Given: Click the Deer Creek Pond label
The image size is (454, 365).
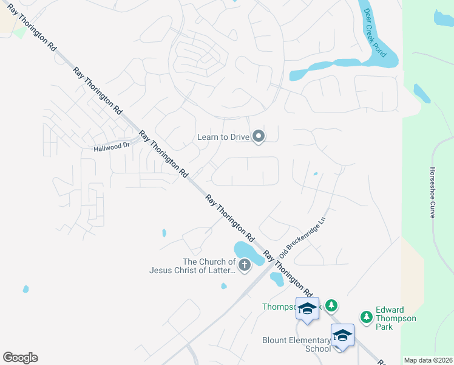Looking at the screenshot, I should click(x=374, y=33).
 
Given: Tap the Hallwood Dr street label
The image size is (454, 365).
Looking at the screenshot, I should click(x=112, y=147).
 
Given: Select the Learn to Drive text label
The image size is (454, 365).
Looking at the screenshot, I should click(x=223, y=137).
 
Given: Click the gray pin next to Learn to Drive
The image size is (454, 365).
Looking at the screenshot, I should click(x=259, y=136).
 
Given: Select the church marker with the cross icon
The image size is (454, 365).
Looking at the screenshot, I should click(x=244, y=265).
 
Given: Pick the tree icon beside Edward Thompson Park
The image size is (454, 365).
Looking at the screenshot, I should click(x=366, y=316).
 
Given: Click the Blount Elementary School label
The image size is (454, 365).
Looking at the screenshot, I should click(x=296, y=344).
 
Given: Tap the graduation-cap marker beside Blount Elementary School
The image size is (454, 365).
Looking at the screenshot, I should click(x=342, y=335).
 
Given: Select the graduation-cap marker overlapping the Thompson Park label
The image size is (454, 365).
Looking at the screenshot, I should click(x=307, y=308).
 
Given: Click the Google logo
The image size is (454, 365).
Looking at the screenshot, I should click(x=20, y=358).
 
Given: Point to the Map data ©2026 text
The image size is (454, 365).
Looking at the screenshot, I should click(x=428, y=360).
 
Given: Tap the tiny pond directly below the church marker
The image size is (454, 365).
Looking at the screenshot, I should click(x=224, y=286).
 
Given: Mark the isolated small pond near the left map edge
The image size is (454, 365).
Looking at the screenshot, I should click(x=25, y=289).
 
